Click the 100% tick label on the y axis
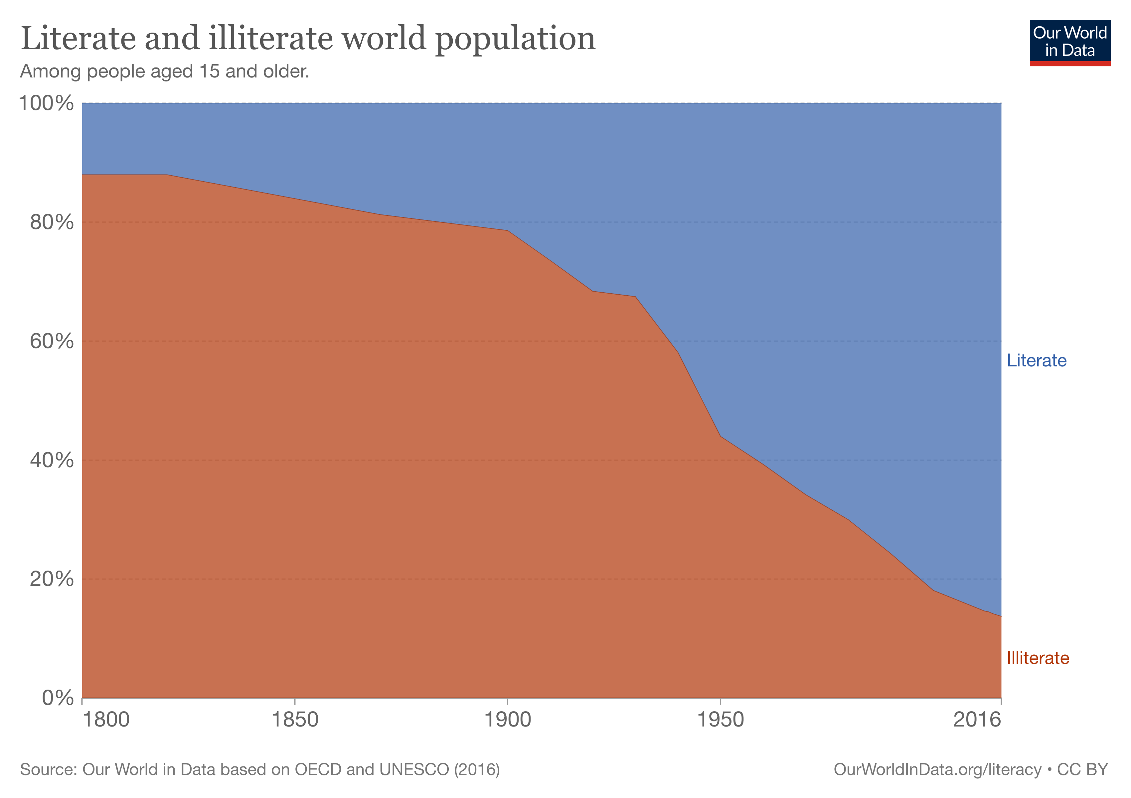(x=46, y=103)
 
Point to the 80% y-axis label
(x=52, y=222)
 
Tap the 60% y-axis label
(x=52, y=341)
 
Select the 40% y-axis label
(x=52, y=460)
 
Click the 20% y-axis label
(x=52, y=579)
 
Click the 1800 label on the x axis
(x=105, y=720)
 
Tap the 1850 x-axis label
(x=295, y=720)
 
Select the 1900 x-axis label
(x=507, y=720)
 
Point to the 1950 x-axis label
(x=720, y=720)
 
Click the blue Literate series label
(x=1037, y=360)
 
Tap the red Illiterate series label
(x=1038, y=658)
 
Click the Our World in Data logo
(x=1070, y=42)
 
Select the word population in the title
(x=515, y=39)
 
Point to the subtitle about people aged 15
(x=165, y=72)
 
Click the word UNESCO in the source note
(x=414, y=769)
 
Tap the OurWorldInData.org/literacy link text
(x=937, y=769)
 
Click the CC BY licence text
(x=1082, y=769)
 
